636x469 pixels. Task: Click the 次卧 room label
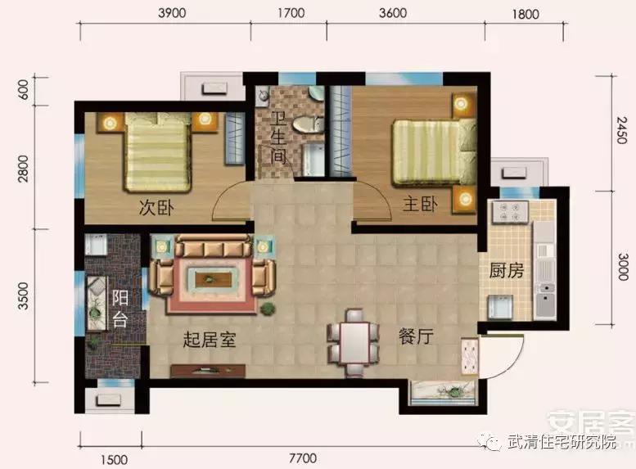click(x=156, y=207)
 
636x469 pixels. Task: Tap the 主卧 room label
click(x=420, y=204)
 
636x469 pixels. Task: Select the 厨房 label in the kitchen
click(x=506, y=270)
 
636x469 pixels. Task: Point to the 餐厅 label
click(x=416, y=336)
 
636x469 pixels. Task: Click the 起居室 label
click(x=210, y=339)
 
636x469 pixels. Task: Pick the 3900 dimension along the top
click(x=172, y=13)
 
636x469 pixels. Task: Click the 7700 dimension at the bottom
click(x=303, y=458)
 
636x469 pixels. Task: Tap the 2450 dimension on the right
click(x=621, y=130)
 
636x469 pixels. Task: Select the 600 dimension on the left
click(x=24, y=89)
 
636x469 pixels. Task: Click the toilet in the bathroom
click(x=309, y=124)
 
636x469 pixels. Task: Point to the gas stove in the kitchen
click(x=510, y=212)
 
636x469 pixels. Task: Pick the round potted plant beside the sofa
click(x=268, y=309)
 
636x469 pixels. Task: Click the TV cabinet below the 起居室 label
click(x=208, y=371)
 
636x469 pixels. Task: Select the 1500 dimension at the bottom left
click(x=114, y=460)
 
